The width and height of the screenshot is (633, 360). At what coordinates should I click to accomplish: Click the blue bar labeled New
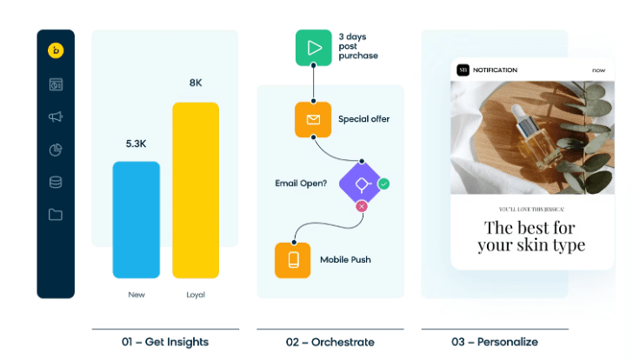click(137, 219)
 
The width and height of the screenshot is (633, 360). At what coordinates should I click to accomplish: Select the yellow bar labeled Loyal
click(196, 190)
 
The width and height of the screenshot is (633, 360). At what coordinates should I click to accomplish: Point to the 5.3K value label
click(137, 143)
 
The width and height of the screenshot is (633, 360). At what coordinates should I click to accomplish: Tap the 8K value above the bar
click(196, 83)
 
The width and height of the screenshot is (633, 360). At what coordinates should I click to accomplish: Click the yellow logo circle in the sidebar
click(56, 50)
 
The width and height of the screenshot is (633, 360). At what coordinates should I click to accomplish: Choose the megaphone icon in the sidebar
click(56, 117)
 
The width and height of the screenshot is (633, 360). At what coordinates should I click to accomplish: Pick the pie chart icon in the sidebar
click(56, 150)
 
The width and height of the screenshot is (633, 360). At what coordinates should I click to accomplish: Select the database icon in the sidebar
click(56, 182)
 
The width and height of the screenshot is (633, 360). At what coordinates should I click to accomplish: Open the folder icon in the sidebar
click(56, 214)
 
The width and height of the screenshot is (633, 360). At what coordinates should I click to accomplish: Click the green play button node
click(313, 49)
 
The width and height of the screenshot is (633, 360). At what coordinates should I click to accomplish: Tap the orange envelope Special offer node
click(313, 119)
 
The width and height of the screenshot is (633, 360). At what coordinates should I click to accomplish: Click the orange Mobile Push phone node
click(293, 260)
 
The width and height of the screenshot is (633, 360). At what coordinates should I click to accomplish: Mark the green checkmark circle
click(383, 183)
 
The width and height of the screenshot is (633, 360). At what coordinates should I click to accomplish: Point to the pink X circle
click(362, 206)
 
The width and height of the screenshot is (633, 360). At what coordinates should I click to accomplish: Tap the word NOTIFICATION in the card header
click(496, 70)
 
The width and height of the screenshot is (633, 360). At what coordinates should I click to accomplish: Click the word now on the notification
click(598, 70)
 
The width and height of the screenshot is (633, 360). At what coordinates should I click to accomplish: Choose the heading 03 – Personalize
click(494, 342)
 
